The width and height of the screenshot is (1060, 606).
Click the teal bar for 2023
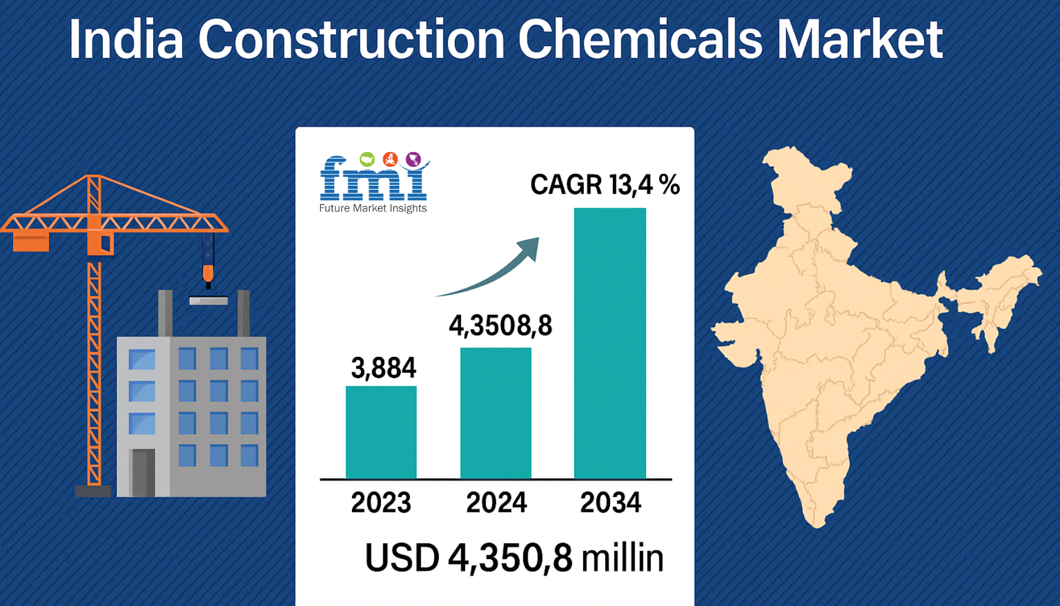381,432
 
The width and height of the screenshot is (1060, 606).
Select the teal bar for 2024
496,413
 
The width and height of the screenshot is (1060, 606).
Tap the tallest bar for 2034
610,343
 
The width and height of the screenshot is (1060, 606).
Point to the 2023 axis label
381,502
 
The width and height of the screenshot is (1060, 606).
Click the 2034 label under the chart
610,502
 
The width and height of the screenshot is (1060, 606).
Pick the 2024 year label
496,502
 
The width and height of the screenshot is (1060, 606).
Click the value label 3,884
383,368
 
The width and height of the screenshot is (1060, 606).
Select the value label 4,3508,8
500,325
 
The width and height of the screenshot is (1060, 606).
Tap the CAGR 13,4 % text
605,185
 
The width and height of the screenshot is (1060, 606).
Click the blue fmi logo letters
373,178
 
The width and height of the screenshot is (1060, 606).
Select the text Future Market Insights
373,208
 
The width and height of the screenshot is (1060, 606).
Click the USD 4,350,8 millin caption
514,558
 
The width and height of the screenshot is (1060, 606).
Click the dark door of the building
143,472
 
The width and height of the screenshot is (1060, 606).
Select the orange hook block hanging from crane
208,273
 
